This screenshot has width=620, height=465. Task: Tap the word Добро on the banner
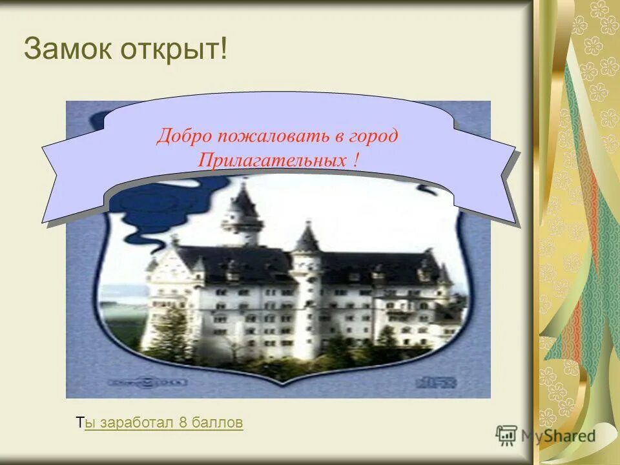point(184,136)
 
